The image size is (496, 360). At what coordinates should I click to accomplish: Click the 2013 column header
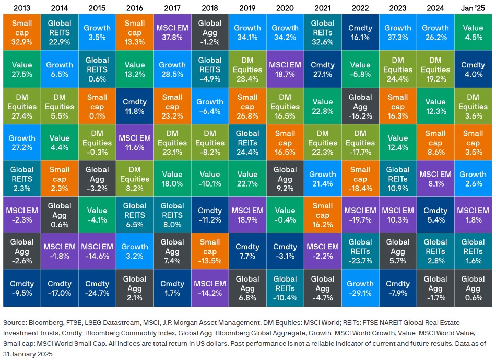(x=22, y=7)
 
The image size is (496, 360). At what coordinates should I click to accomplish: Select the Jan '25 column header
(x=473, y=7)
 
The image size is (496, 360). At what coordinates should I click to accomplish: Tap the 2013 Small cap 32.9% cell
(x=22, y=32)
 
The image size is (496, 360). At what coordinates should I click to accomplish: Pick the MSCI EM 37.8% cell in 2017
(x=172, y=32)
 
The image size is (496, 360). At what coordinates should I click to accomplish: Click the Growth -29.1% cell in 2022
(x=360, y=288)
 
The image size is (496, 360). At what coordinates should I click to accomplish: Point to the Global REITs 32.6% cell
(x=322, y=32)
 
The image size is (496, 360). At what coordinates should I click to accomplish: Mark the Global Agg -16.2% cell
(x=360, y=106)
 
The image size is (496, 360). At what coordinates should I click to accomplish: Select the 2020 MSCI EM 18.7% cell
(x=285, y=69)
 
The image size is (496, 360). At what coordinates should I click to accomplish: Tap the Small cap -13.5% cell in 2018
(x=210, y=252)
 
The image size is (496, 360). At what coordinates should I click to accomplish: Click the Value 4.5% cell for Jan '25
(x=473, y=32)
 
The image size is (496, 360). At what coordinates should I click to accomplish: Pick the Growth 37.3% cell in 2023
(x=398, y=32)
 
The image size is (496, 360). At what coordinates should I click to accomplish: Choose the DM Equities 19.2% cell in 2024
(x=435, y=69)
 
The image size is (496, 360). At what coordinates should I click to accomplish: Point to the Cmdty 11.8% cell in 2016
(x=135, y=106)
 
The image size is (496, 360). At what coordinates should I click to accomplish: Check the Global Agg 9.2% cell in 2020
(x=285, y=179)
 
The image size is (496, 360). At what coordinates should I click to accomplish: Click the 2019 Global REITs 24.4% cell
(x=247, y=142)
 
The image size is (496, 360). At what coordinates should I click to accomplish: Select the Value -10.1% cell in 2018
(x=210, y=179)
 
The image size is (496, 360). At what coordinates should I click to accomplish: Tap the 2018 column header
(x=210, y=7)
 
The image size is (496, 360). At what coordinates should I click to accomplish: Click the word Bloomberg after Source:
(x=44, y=322)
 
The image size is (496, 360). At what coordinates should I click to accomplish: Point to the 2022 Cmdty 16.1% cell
(x=360, y=32)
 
